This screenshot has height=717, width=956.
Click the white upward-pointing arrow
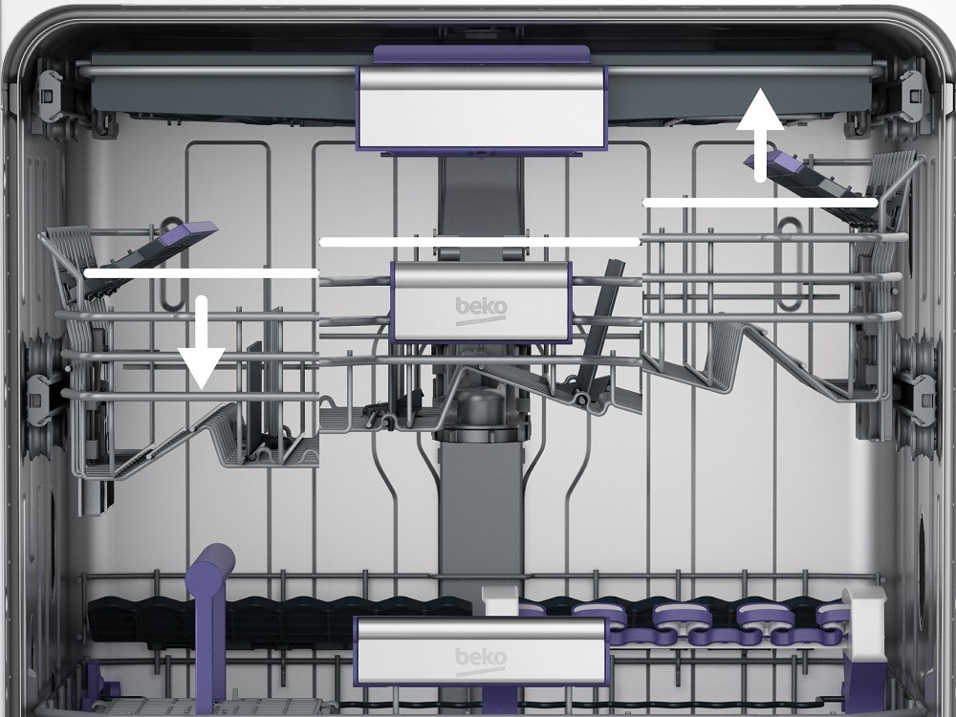coord(760,134)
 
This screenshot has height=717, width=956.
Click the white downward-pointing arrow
coord(202,342)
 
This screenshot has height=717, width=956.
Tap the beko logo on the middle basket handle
coord(481,310)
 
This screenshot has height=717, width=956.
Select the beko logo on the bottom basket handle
coord(481,661)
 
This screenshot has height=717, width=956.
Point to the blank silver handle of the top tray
coord(482,107)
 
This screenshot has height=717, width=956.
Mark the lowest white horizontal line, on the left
coord(201,273)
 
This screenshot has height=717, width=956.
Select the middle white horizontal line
coord(480,242)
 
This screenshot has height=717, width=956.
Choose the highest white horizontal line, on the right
coord(760,203)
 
